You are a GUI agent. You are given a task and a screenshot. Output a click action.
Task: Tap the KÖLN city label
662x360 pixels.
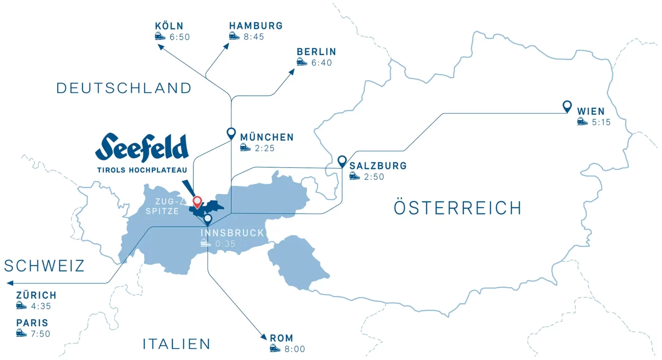(169, 26)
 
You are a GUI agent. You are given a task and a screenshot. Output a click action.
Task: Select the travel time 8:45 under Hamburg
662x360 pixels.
(254, 36)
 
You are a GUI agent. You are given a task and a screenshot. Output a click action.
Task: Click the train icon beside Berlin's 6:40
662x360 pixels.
(302, 62)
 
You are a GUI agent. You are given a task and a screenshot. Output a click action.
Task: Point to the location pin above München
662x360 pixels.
(231, 133)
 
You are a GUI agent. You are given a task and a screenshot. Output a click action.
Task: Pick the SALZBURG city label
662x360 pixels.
(378, 166)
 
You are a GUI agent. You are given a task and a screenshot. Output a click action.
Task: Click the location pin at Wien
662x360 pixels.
(567, 106)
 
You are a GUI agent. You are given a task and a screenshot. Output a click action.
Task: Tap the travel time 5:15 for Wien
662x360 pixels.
(601, 123)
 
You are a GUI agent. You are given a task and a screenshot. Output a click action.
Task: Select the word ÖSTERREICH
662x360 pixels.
(457, 208)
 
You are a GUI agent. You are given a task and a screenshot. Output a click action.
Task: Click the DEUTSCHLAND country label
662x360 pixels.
(124, 88)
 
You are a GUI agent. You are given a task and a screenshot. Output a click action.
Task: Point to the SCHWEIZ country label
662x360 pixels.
(44, 266)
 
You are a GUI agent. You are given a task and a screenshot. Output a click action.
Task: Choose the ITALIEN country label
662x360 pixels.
(176, 344)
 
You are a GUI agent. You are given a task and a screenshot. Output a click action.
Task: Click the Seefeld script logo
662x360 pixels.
(142, 147)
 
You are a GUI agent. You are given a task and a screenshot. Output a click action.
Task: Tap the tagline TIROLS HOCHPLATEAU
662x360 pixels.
(142, 170)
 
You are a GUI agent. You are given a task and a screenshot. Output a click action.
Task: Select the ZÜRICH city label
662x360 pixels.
(36, 295)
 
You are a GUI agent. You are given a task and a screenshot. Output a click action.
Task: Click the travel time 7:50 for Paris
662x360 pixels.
(40, 334)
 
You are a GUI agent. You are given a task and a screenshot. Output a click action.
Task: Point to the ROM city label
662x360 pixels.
(281, 338)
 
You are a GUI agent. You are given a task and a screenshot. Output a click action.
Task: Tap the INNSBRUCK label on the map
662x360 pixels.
(232, 233)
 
